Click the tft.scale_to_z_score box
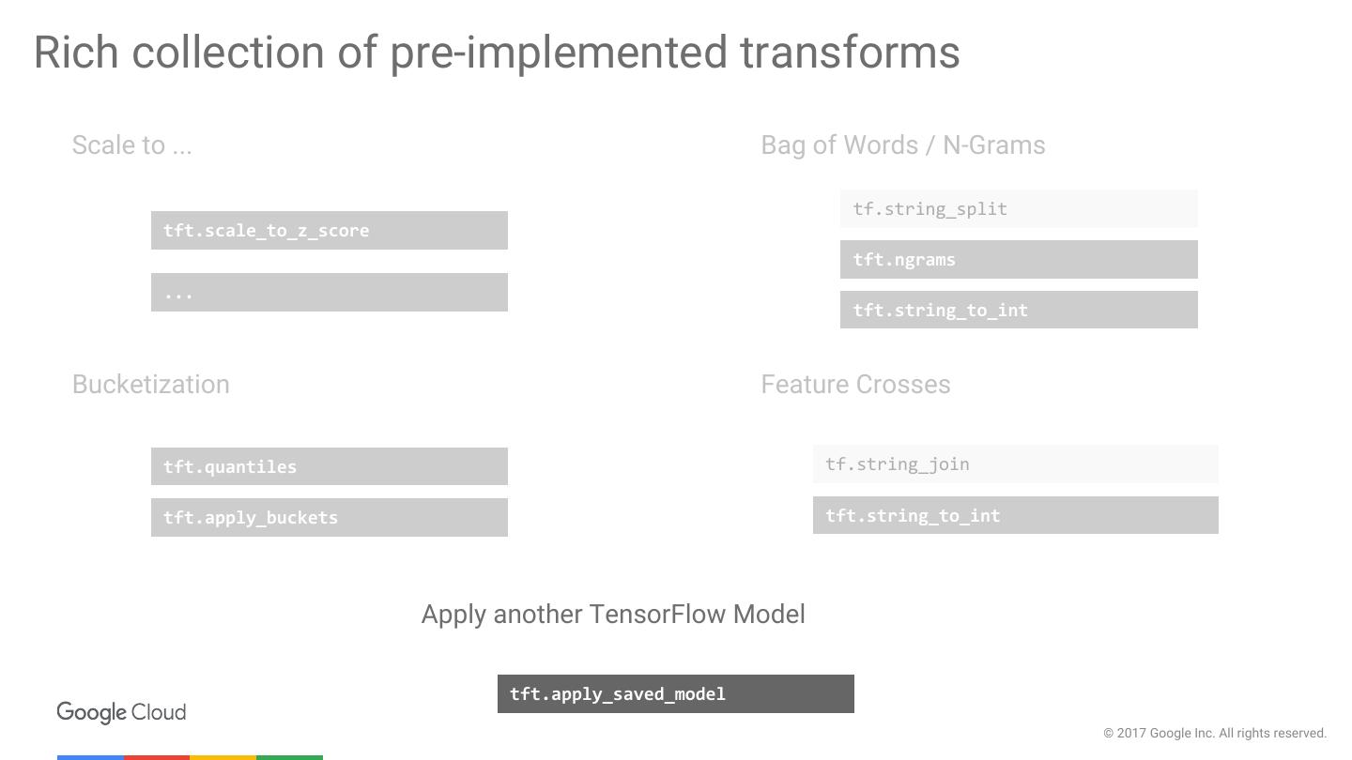point(329,230)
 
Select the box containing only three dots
point(329,292)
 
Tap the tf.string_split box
point(1019,208)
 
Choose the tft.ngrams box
point(1019,259)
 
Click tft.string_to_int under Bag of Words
point(1019,310)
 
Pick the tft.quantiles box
point(329,466)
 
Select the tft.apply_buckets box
point(329,517)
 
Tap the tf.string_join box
point(1015,464)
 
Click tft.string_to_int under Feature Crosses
point(1015,515)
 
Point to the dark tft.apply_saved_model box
point(675,693)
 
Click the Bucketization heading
point(151,385)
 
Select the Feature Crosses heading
point(855,385)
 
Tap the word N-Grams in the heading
point(993,145)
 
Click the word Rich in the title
point(76,52)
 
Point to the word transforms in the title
point(850,52)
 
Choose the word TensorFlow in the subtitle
point(657,614)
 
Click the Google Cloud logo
point(121,712)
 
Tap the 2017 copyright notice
point(1214,733)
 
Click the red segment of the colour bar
point(156,757)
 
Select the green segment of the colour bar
point(289,757)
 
